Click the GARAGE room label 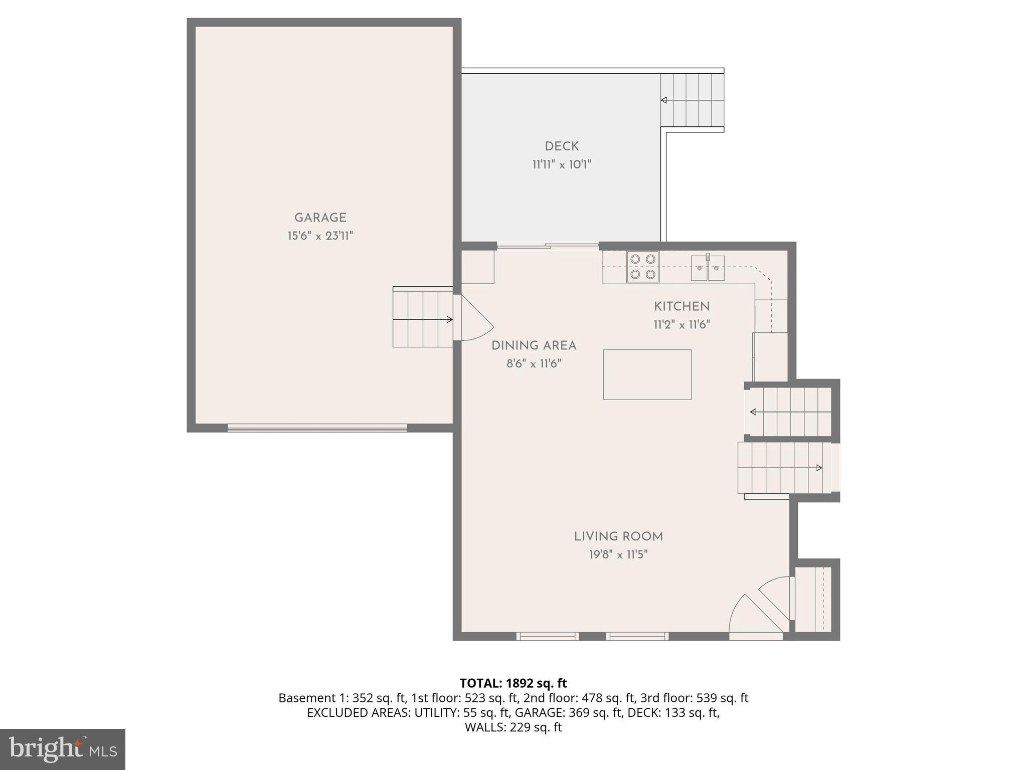click(x=320, y=218)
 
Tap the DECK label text click(x=562, y=146)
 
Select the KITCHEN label click(x=681, y=306)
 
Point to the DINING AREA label click(x=534, y=345)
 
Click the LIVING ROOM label click(x=618, y=536)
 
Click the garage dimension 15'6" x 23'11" click(x=320, y=236)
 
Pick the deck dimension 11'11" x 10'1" click(x=562, y=164)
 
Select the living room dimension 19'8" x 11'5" click(x=618, y=554)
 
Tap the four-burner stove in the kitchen click(x=643, y=267)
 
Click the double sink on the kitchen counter click(x=708, y=268)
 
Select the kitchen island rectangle click(x=647, y=374)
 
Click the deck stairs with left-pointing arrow click(x=692, y=100)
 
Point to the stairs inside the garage click(x=423, y=319)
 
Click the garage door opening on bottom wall click(x=317, y=428)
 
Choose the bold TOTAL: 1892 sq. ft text click(x=513, y=683)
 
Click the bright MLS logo click(x=62, y=749)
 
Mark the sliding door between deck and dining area click(x=548, y=246)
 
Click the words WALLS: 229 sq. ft click(x=513, y=727)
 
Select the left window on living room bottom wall click(x=548, y=636)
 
